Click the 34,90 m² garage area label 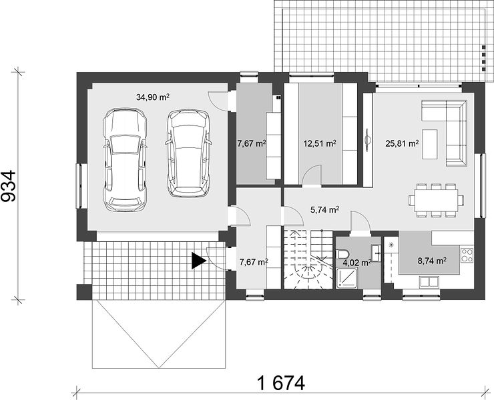point(153,97)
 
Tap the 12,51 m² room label point(320,144)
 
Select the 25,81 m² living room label point(402,144)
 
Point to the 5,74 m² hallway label point(325,209)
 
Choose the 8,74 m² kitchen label point(432,261)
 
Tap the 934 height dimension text point(9,186)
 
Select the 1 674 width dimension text point(281,383)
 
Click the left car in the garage point(126,160)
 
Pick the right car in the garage point(188,153)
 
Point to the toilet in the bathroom point(342,253)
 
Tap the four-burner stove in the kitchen point(467,255)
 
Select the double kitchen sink point(429,282)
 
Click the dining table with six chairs point(437,200)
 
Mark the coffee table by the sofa point(430,144)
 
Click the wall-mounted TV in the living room point(367,140)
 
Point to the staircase point(308,259)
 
